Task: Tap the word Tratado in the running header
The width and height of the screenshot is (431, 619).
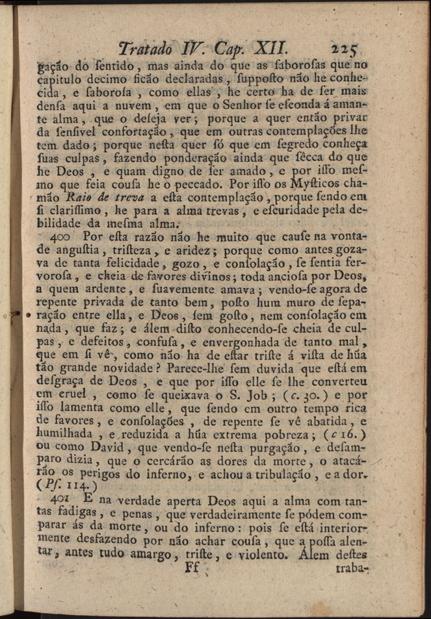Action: [142, 47]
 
